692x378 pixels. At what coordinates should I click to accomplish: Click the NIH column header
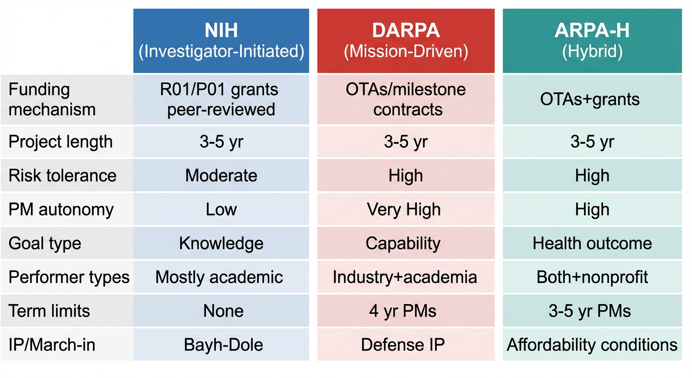(x=221, y=41)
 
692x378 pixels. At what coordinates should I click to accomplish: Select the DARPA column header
(x=406, y=41)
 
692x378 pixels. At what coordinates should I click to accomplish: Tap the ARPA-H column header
(x=592, y=41)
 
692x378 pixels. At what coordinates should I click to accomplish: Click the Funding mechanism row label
(x=52, y=99)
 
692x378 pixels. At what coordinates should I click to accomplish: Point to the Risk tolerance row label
(x=62, y=176)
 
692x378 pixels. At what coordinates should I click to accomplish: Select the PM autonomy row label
(x=61, y=210)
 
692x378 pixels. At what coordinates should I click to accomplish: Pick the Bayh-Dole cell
(x=224, y=345)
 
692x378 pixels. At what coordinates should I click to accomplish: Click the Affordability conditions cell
(x=592, y=345)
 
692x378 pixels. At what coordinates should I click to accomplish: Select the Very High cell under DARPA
(x=404, y=210)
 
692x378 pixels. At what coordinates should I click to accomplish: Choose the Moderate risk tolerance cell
(x=221, y=176)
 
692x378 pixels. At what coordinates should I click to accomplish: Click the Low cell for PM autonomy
(x=221, y=210)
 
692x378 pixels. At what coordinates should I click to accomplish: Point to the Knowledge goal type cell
(x=221, y=243)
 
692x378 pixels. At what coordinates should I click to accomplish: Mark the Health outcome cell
(x=592, y=243)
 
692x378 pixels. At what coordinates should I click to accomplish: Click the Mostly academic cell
(x=219, y=277)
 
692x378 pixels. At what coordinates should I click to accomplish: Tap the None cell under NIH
(x=223, y=311)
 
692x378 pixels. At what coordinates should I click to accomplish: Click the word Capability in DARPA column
(x=403, y=243)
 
